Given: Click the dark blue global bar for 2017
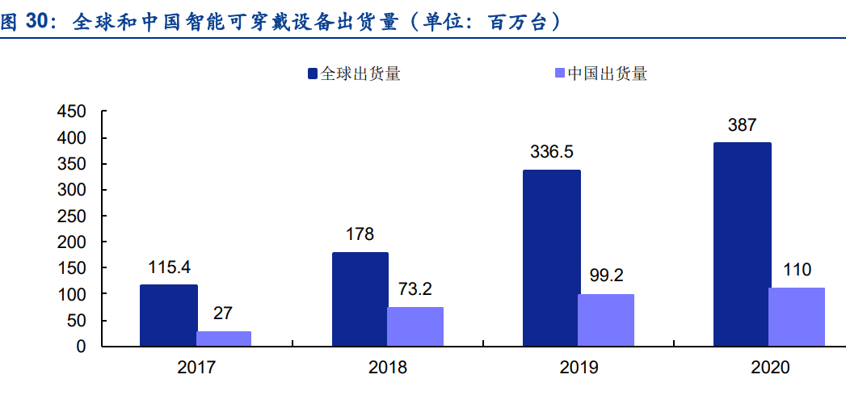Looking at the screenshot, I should (x=168, y=315).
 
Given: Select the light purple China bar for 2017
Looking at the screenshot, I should (x=224, y=339).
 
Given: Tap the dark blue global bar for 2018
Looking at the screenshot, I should (x=360, y=299).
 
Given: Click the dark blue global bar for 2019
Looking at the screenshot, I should (x=551, y=258).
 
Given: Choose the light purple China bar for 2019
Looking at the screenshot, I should (x=606, y=320).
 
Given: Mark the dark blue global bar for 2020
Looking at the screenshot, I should (x=742, y=245).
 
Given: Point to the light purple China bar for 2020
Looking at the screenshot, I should (x=797, y=317).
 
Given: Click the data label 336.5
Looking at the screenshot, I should (x=552, y=152).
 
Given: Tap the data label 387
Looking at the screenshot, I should (x=742, y=125).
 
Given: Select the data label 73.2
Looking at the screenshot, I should (x=415, y=288).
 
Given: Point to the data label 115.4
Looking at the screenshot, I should (x=169, y=267).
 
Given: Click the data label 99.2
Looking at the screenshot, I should (x=606, y=276).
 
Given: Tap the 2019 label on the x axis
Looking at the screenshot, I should (x=579, y=368).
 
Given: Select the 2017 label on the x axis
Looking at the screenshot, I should (x=196, y=368).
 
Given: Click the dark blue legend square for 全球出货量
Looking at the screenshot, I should (x=313, y=74).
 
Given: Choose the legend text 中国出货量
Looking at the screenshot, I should (x=608, y=74).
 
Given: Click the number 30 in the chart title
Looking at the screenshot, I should (x=38, y=23).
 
